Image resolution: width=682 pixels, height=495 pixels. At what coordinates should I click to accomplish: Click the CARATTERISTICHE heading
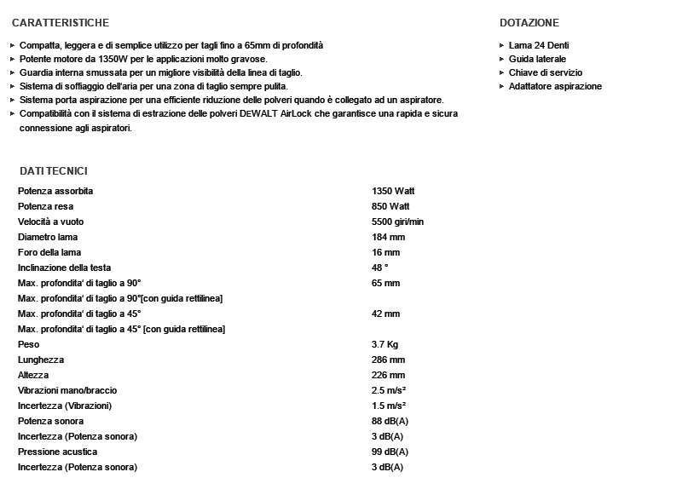pyautogui.click(x=61, y=22)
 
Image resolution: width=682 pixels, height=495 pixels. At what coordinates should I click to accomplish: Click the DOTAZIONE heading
pyautogui.click(x=529, y=22)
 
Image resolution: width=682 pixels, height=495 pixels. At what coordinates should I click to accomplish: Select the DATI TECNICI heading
pyautogui.click(x=54, y=171)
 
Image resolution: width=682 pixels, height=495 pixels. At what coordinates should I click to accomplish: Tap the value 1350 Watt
pyautogui.click(x=393, y=191)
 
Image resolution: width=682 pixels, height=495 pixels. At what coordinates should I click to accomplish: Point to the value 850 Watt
pyautogui.click(x=390, y=206)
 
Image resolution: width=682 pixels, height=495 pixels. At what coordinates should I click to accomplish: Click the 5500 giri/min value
pyautogui.click(x=398, y=222)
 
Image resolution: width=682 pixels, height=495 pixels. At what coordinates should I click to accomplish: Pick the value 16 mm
pyautogui.click(x=385, y=252)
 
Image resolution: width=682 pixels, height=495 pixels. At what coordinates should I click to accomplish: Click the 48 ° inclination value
pyautogui.click(x=380, y=268)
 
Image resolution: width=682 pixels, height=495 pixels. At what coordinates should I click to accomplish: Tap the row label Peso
pyautogui.click(x=28, y=344)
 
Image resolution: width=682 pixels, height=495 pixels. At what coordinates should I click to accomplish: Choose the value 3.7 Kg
pyautogui.click(x=385, y=344)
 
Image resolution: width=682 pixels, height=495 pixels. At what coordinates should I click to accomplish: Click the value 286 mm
pyautogui.click(x=388, y=360)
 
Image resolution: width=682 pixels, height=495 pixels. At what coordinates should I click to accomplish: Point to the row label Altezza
pyautogui.click(x=33, y=375)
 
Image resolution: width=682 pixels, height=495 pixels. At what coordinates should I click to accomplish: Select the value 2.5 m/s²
pyautogui.click(x=389, y=390)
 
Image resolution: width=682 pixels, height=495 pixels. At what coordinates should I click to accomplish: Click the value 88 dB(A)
pyautogui.click(x=390, y=421)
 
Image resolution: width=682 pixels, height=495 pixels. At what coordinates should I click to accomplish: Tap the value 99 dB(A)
pyautogui.click(x=390, y=452)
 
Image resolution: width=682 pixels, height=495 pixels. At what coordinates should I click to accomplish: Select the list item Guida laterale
pyautogui.click(x=537, y=59)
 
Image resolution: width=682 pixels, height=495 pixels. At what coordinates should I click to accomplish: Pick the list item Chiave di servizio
pyautogui.click(x=546, y=72)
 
